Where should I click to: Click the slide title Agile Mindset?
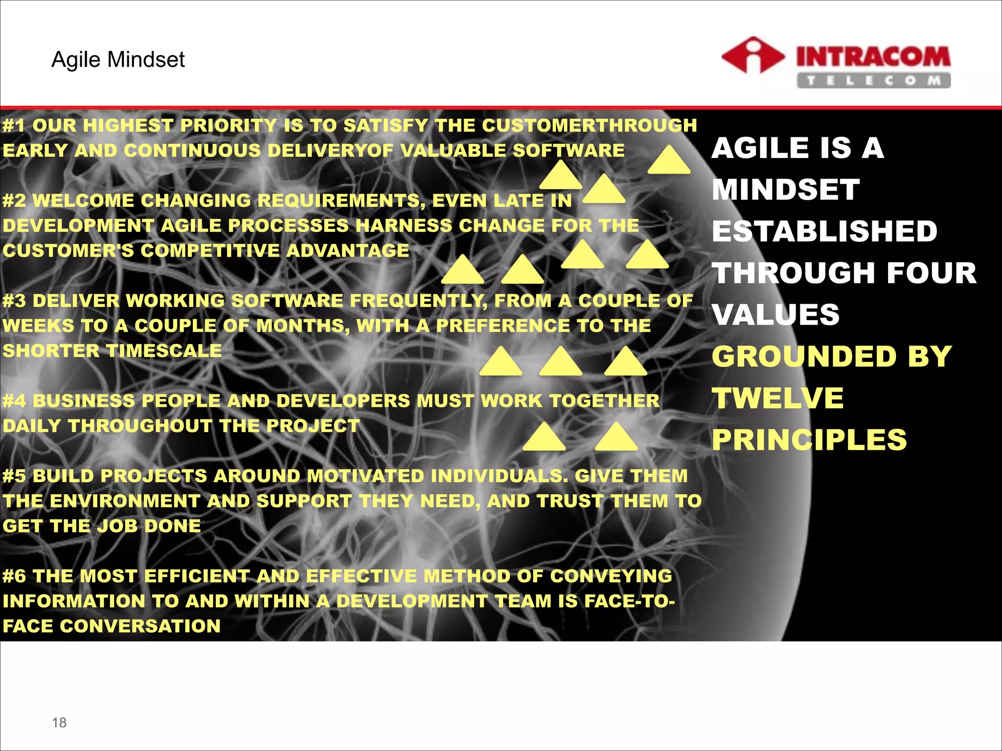(x=118, y=60)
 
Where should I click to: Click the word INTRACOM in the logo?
(x=873, y=56)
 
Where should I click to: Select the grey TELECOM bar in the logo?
(x=873, y=80)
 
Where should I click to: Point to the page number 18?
(x=59, y=722)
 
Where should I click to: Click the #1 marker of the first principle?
(x=14, y=126)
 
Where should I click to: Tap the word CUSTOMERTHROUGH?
(x=589, y=126)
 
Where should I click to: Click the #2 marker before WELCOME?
(x=14, y=200)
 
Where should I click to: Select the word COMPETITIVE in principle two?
(x=209, y=251)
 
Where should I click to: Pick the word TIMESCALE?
(x=164, y=351)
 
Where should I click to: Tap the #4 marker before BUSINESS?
(x=14, y=401)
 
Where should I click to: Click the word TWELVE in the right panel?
(x=777, y=398)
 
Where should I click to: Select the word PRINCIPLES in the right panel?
(x=809, y=440)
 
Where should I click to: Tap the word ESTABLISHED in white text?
(x=824, y=231)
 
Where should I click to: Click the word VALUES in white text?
(x=775, y=314)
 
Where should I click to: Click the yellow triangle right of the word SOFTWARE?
(x=668, y=160)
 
